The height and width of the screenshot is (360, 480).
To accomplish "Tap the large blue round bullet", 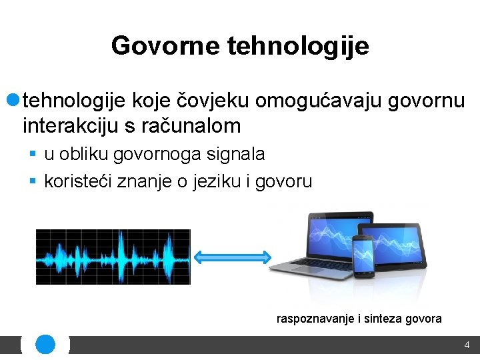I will tap(13, 100).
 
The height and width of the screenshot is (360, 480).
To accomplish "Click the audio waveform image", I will tap(113, 257).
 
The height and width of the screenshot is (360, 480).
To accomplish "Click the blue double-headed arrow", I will tap(231, 257).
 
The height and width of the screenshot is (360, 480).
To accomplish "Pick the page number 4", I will tap(467, 345).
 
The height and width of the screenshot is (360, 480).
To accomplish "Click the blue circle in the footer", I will tap(45, 345).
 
